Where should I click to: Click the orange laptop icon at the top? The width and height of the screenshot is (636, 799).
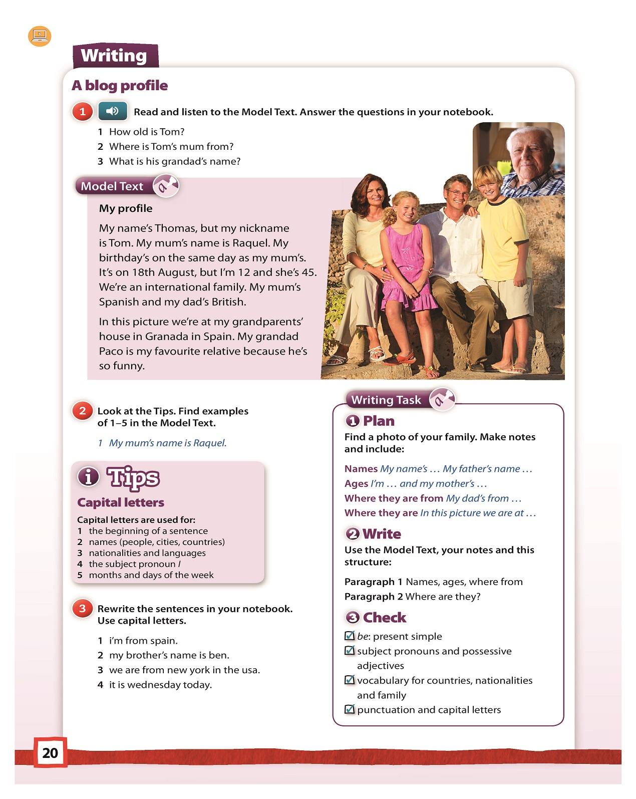point(40,36)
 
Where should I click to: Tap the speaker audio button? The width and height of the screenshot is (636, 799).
point(113,111)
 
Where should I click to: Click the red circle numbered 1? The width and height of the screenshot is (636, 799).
point(83,111)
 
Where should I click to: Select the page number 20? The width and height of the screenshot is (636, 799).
point(50,752)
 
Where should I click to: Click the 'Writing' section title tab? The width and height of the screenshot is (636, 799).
point(115,56)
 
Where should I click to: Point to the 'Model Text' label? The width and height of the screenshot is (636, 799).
point(112,186)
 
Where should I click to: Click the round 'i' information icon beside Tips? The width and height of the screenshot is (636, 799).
point(88,476)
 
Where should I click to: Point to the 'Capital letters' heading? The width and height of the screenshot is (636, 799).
point(121,502)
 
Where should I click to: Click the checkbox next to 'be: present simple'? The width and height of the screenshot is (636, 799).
point(350,636)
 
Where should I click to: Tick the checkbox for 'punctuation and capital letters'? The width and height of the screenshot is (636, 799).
point(350,709)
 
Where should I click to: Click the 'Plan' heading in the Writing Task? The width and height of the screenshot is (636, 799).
point(378,421)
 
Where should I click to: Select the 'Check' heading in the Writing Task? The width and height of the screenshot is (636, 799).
point(384,618)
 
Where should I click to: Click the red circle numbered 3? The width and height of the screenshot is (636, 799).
point(83,609)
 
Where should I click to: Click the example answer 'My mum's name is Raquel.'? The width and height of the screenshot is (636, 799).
point(168,443)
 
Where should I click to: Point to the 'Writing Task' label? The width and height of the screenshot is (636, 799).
point(386,400)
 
